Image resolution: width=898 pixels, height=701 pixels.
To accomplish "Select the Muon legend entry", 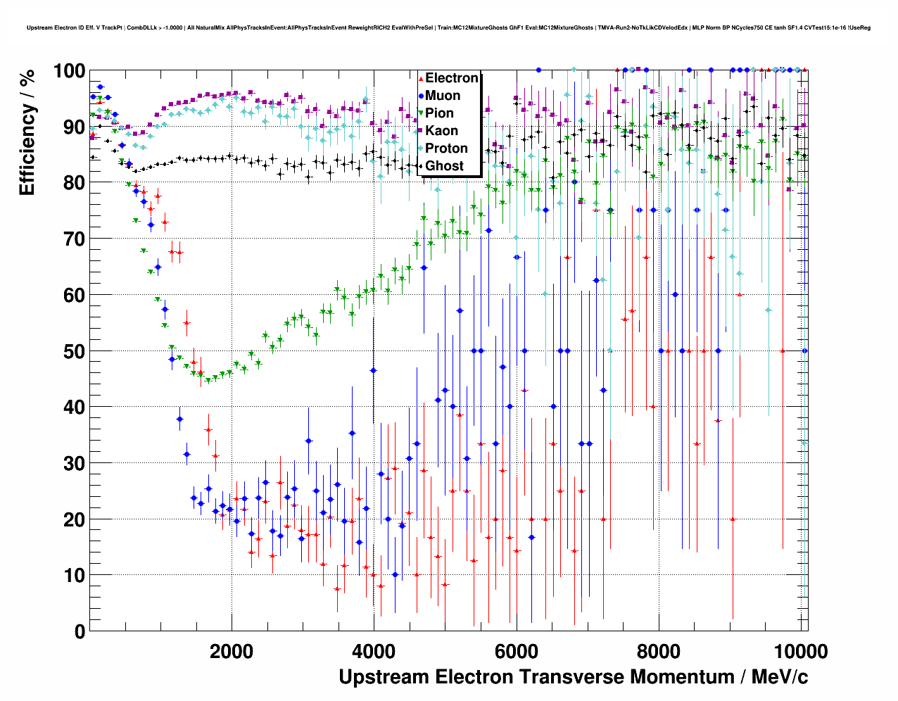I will (x=443, y=96).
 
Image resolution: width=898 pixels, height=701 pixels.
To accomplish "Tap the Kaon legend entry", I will (x=441, y=131).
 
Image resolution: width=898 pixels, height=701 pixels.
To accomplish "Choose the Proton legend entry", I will (x=446, y=149).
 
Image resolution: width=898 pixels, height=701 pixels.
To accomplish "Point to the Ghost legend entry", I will (x=444, y=166).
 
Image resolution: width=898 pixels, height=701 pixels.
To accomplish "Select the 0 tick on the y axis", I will (x=80, y=631).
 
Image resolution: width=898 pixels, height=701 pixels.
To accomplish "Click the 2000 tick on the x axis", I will (x=232, y=651).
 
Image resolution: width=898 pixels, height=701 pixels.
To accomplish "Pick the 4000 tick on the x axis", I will (x=374, y=651).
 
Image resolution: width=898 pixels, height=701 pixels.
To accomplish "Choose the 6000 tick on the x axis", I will (x=516, y=651).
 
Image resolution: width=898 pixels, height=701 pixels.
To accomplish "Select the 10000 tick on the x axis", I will (x=800, y=651).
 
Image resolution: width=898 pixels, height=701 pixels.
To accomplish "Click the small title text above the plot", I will (x=448, y=28).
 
